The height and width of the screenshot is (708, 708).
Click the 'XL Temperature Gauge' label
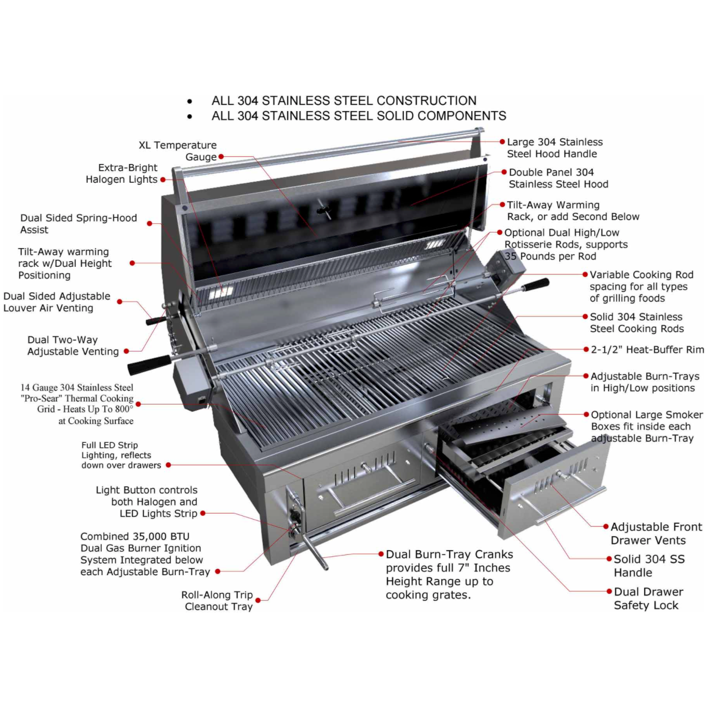point(178,151)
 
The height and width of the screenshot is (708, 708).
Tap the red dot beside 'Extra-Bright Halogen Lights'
point(162,180)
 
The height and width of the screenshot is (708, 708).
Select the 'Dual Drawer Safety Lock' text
point(648,598)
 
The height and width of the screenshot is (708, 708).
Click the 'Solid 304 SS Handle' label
point(648,566)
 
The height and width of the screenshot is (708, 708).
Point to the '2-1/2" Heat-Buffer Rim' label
point(647,350)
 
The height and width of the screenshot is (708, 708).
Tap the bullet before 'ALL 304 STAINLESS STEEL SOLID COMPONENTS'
point(190,116)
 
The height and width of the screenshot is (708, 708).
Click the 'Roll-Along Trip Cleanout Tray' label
point(217,601)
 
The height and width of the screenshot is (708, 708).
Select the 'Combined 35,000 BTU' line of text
point(135,537)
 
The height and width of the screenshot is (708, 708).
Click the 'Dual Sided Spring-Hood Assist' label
point(78,224)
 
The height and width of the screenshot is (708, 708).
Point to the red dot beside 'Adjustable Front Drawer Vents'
point(606,527)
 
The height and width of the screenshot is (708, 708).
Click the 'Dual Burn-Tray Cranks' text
point(449,554)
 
